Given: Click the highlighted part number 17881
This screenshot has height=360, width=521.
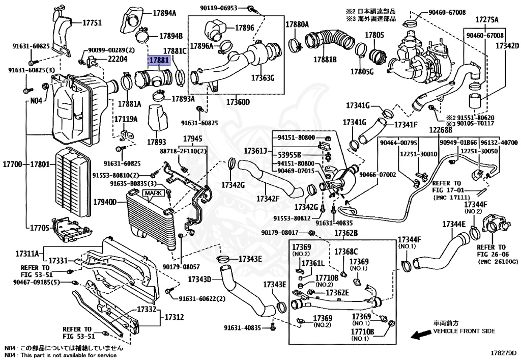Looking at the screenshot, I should point(158,61).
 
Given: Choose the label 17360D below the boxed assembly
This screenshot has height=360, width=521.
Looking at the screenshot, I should point(238,102).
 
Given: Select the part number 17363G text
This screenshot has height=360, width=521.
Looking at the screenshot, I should point(263,78).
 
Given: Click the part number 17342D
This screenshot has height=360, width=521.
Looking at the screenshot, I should point(508,45).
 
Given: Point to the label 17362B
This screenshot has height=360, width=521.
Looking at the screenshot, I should point(346,233).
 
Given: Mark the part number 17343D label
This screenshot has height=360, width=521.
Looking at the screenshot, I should point(199,280).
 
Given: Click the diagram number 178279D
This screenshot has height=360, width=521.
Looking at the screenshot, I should point(503,352).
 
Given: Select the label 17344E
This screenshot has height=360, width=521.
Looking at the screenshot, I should point(454,224).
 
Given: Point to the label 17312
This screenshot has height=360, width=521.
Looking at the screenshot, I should point(173,317).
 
